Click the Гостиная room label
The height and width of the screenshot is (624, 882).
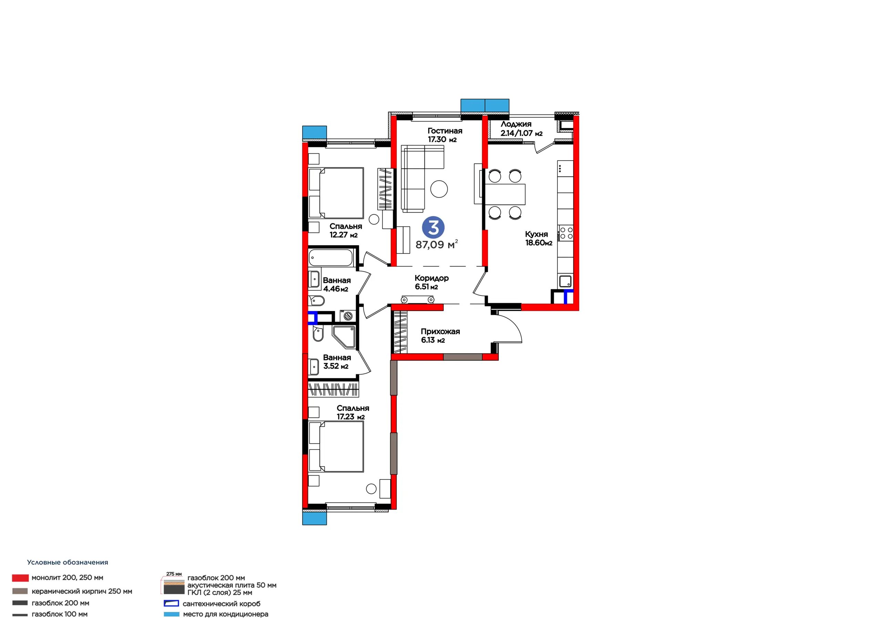coord(445,131)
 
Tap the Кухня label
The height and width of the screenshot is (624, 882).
coord(536,234)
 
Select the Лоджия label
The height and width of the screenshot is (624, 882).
coord(516,124)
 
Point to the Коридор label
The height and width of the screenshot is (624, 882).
coord(431,278)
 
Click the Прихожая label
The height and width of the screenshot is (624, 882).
coord(440,331)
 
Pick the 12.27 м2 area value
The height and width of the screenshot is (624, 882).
coord(343,235)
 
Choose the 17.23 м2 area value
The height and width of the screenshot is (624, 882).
coord(351,417)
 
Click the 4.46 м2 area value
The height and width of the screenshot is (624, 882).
coord(336,289)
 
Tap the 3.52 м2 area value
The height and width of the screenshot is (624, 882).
coord(336,366)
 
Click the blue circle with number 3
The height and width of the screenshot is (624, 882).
coord(433,227)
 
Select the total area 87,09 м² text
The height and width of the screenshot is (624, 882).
coord(437,244)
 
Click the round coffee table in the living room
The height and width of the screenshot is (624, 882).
coord(439,189)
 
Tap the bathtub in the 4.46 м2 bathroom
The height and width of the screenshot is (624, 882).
coord(331,258)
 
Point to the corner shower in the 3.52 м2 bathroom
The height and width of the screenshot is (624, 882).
coord(343,337)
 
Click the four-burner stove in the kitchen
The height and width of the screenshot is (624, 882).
coord(566,233)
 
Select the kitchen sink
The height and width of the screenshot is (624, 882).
coord(565,281)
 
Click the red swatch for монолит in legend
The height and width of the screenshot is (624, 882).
coord(20,578)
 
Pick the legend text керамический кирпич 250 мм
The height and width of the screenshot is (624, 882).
coord(82,591)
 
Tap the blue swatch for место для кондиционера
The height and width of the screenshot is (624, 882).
coord(171,614)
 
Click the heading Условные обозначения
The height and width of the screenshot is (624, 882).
coord(68,563)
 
